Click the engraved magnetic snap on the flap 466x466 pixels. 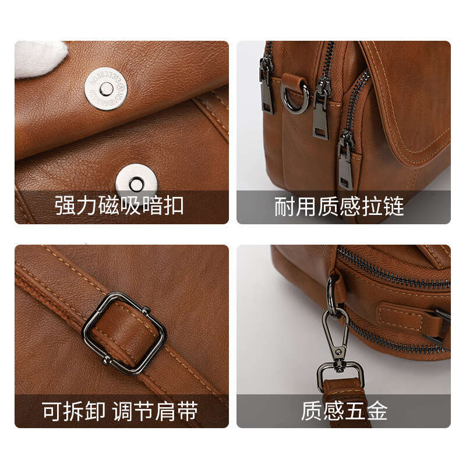106,89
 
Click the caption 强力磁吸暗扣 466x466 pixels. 119,206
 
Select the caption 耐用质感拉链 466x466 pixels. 339,206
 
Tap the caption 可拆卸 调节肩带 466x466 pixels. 120,411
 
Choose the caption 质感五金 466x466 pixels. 344,411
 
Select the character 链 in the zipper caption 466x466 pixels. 394,206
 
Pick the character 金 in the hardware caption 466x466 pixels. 377,411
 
